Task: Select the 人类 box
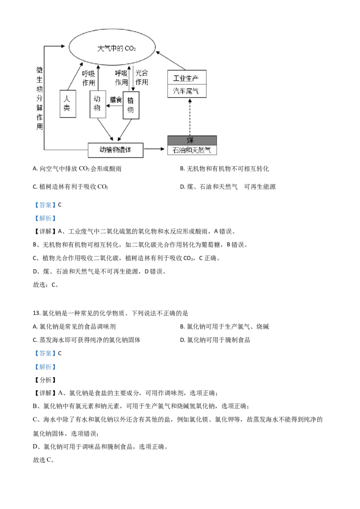click(67, 104)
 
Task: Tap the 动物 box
click(98, 104)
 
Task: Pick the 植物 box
click(131, 105)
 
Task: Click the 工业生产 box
click(189, 78)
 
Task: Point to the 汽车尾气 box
click(189, 91)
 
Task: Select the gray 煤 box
click(192, 140)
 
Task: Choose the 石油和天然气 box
click(192, 150)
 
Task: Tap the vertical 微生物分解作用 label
click(40, 98)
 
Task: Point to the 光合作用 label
click(142, 77)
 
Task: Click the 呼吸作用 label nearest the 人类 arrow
click(88, 78)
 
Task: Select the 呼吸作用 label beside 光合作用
click(121, 77)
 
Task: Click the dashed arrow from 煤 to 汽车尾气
click(190, 116)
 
